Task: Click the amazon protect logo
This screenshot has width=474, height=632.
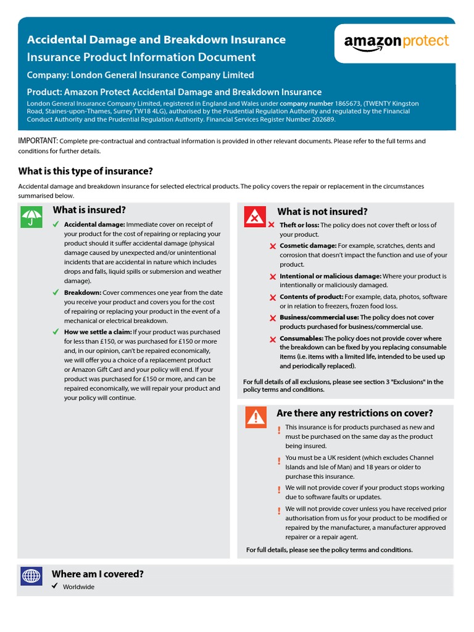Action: tap(396, 43)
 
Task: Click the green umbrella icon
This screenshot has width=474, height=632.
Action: tap(31, 217)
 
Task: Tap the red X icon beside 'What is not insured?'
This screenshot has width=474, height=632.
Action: tap(255, 217)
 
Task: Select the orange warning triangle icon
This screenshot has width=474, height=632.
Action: tap(256, 418)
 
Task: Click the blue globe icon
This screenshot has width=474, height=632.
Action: tap(31, 577)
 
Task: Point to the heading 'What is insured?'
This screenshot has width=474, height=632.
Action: tap(89, 210)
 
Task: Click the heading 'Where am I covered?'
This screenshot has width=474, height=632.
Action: tap(98, 574)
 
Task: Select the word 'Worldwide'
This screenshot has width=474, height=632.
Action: tap(78, 587)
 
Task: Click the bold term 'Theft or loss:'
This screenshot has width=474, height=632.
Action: tap(299, 225)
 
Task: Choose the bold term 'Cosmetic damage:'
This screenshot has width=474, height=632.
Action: tap(308, 246)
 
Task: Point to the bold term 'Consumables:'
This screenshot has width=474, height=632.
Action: tap(301, 338)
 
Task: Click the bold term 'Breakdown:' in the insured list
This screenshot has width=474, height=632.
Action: tap(83, 293)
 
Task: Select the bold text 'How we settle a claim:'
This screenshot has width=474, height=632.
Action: tap(98, 332)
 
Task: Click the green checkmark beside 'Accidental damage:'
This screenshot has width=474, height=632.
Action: tap(56, 224)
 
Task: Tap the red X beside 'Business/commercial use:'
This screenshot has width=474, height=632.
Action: tap(273, 318)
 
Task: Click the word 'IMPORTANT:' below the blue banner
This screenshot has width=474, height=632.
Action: tap(38, 141)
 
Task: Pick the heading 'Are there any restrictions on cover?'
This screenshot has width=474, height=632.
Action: tap(355, 413)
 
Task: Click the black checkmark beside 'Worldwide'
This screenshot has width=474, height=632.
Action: tap(56, 586)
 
